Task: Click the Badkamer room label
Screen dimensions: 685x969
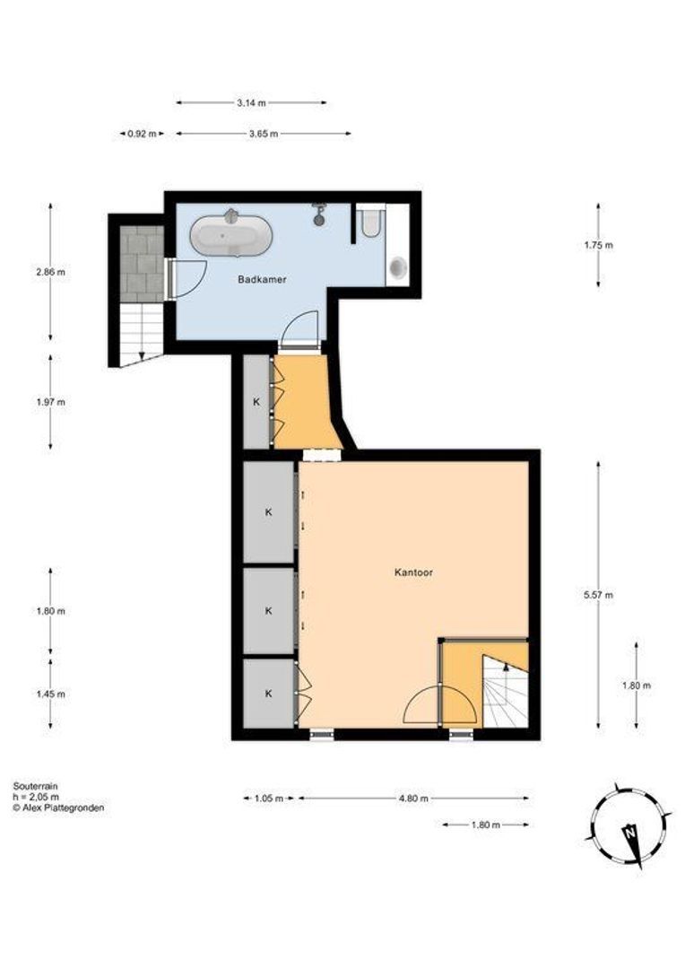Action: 262,279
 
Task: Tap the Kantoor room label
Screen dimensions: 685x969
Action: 413,572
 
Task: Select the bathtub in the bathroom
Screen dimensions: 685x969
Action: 231,234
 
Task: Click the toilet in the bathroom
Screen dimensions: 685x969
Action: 370,223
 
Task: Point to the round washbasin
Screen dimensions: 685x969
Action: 398,267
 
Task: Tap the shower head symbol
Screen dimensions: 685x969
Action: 318,214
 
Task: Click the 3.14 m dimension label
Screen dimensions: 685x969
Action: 251,103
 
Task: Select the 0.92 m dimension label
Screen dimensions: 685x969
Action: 142,134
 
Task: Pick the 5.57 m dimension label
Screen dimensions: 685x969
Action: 599,595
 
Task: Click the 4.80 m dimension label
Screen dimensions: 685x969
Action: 413,798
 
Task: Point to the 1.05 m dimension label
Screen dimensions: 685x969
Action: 269,798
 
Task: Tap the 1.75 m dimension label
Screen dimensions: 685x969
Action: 599,245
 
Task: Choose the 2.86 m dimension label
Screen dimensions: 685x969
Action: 50,271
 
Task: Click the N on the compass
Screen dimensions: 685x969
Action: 630,832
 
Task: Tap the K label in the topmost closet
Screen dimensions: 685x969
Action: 256,402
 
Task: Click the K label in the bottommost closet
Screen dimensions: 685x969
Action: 269,694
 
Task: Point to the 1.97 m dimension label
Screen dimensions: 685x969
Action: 50,402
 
